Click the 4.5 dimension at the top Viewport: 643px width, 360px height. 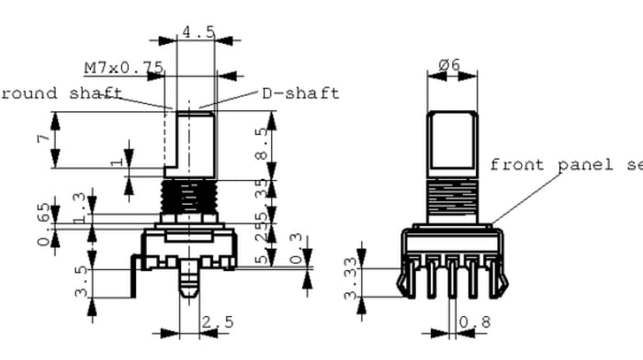coord(197,32)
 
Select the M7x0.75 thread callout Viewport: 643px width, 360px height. coord(123,68)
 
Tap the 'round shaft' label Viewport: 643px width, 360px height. coord(60,93)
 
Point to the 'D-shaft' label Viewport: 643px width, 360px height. coord(300,93)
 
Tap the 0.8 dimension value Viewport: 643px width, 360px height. coord(479,323)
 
